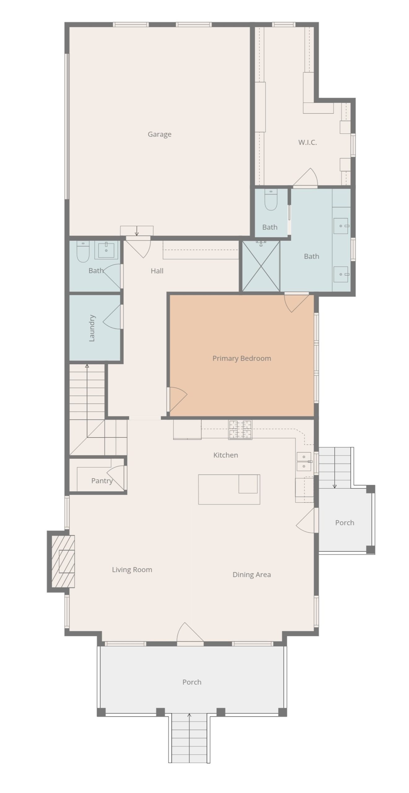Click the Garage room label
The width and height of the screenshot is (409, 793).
tap(159, 134)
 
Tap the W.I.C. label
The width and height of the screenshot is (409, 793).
tap(307, 142)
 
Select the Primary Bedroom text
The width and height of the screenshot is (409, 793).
tap(241, 358)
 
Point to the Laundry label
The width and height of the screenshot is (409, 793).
tap(92, 328)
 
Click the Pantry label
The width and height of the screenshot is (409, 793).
tap(102, 481)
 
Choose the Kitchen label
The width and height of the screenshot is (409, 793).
tap(226, 455)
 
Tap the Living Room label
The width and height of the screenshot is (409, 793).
tap(132, 570)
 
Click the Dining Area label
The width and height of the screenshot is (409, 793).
tap(251, 575)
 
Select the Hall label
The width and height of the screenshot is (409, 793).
tap(157, 271)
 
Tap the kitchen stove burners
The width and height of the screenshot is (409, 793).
tap(240, 429)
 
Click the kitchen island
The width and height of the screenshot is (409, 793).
tap(229, 489)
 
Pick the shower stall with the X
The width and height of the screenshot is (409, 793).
tap(261, 266)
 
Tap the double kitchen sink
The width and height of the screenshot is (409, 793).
tap(304, 462)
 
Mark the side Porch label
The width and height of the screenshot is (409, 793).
tap(345, 523)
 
